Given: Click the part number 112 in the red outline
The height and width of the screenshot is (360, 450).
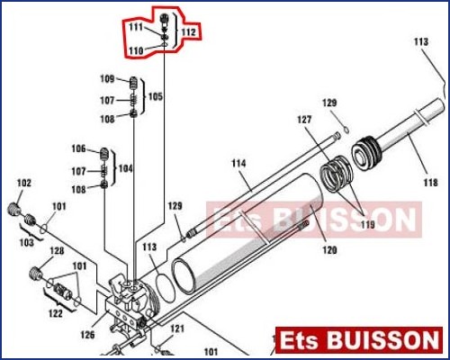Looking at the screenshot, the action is (189, 32).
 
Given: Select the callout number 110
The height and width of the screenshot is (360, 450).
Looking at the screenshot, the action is (136, 50).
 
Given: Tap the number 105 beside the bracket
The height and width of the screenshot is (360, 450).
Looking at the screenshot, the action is (156, 96).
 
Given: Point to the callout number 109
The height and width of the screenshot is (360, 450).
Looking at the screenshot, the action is (107, 79).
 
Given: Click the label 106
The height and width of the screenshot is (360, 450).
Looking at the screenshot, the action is (78, 148).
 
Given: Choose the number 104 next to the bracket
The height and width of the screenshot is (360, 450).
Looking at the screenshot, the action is (126, 168).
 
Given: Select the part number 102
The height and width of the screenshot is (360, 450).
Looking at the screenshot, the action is (24, 183).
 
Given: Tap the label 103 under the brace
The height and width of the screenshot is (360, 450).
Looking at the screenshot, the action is (27, 242).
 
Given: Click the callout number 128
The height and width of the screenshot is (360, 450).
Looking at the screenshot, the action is (57, 251).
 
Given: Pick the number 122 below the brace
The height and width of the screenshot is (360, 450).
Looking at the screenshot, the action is (56, 313).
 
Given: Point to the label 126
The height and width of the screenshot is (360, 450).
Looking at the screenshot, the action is (87, 335).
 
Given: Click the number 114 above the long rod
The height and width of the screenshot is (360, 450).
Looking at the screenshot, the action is (238, 164).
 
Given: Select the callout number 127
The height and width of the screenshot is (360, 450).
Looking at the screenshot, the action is (304, 120).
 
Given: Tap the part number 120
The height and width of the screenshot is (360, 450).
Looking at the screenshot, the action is (329, 249).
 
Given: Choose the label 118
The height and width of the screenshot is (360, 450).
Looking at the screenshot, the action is (430, 182).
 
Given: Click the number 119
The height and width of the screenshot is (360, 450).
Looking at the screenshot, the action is (368, 224).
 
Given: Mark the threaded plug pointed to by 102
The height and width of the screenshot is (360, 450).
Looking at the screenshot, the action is (13, 209).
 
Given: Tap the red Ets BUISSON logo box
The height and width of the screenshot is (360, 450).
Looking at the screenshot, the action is (359, 340).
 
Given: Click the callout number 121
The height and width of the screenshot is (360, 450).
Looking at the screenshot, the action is (177, 328).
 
